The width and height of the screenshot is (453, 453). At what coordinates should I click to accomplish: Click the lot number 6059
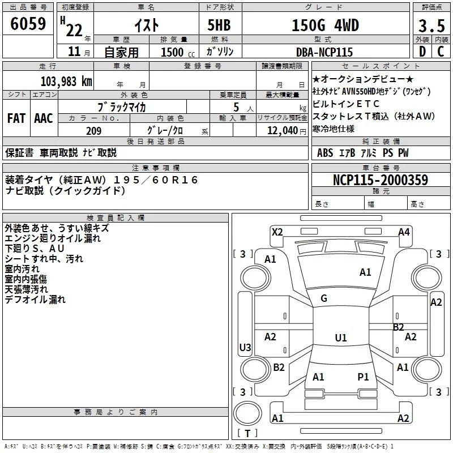[28, 24]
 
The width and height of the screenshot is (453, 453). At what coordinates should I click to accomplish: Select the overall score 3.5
[431, 25]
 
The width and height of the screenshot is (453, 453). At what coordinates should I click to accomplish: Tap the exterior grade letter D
[422, 52]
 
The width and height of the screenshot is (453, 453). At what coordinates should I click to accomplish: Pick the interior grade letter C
[441, 52]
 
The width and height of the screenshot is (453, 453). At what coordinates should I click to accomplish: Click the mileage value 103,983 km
[66, 82]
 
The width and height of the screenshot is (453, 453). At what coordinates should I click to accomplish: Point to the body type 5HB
[219, 25]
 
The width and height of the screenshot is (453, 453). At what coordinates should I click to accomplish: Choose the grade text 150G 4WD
[325, 25]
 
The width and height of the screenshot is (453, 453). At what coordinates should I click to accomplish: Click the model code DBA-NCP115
[324, 52]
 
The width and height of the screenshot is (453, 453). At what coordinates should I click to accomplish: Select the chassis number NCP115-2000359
[381, 180]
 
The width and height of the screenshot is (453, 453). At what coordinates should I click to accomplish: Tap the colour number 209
[94, 131]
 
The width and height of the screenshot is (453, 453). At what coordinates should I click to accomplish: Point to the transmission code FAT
[16, 118]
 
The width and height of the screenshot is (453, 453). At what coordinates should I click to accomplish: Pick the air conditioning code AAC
[44, 118]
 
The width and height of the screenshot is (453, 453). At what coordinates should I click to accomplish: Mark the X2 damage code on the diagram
[277, 232]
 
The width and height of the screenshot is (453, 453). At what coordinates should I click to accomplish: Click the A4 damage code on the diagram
[404, 232]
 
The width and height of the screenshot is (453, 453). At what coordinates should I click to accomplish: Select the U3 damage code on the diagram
[245, 347]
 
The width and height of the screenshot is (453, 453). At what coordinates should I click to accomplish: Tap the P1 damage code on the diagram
[363, 377]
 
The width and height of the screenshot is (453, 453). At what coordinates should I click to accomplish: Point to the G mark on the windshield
[324, 298]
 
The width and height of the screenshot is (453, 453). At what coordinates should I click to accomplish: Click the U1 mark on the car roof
[341, 337]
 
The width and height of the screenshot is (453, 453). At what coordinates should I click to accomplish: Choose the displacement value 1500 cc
[178, 52]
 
